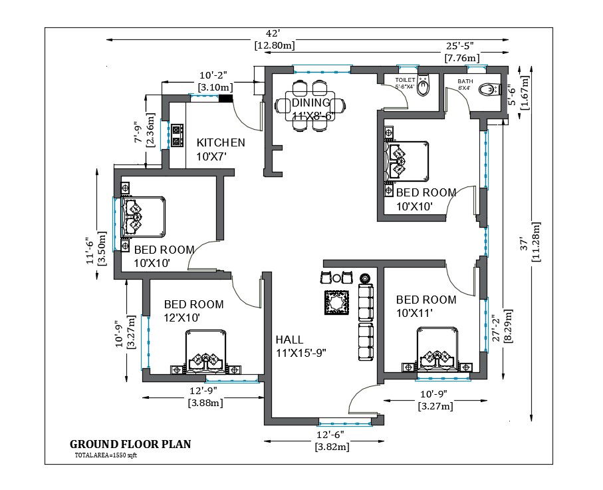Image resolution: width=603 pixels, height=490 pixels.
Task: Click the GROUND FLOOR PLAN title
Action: point(130,444)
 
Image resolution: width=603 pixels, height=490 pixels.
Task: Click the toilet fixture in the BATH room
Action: point(489,89)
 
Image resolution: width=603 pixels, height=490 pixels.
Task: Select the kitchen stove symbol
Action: point(177,134)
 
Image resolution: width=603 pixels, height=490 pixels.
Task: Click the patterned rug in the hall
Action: point(337,303)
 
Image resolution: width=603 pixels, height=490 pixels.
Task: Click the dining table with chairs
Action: point(310,105)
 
